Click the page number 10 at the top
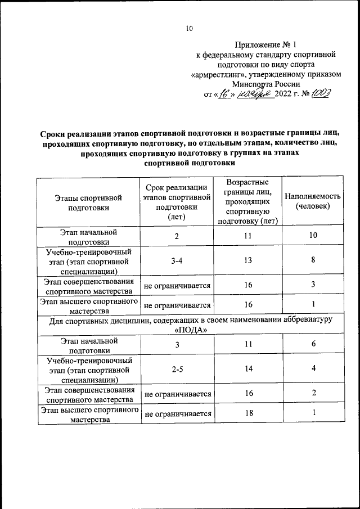190,29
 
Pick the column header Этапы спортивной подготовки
88,202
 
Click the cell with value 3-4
177,260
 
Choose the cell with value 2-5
177,368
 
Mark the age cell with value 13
247,260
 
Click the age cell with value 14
247,368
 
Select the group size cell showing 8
313,260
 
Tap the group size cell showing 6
313,344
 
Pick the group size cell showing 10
313,236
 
